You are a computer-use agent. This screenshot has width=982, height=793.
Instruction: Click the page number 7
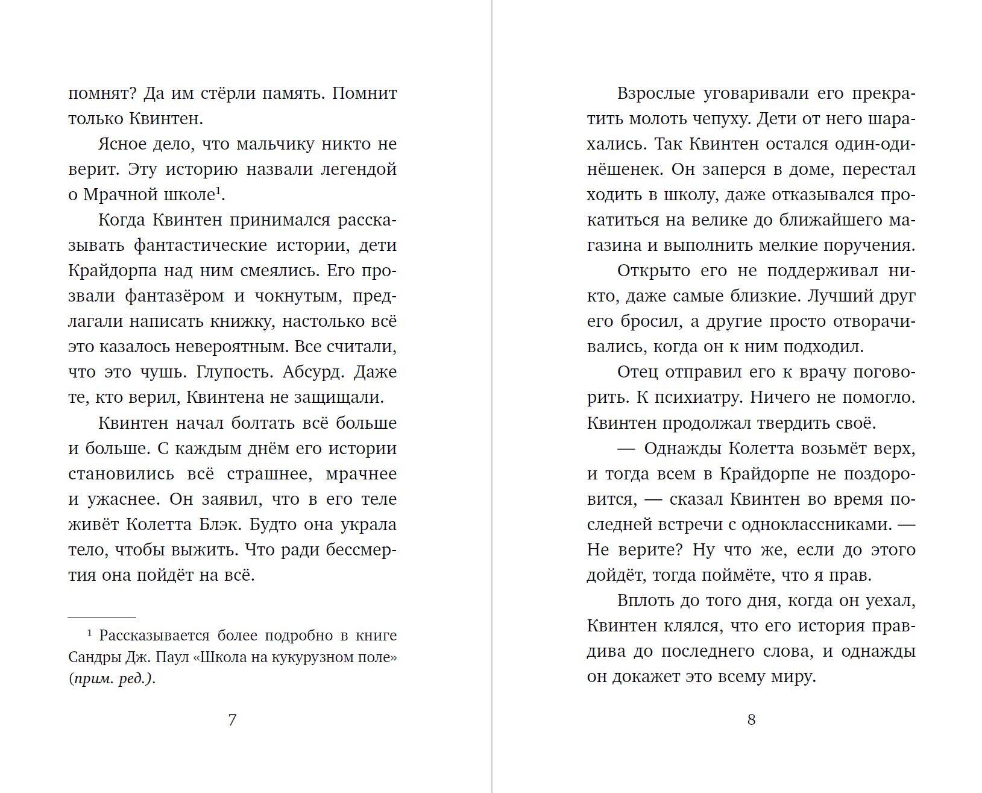232,719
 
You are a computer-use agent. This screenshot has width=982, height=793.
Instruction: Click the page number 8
751,719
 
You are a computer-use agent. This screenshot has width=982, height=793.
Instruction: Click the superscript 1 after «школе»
219,191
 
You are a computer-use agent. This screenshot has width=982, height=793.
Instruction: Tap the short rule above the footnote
102,618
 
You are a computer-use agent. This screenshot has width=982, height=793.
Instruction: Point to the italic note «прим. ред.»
112,678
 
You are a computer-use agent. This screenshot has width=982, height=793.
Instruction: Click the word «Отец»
637,371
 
